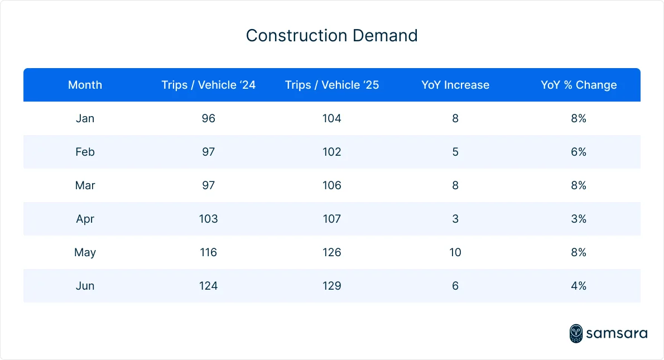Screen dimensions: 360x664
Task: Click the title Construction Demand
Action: [x=331, y=36]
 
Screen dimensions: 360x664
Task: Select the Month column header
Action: [x=85, y=85]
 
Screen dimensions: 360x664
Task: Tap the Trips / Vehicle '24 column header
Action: [x=208, y=85]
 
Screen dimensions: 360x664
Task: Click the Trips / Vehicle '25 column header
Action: [x=331, y=85]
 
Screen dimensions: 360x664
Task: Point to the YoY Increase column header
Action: [x=455, y=85]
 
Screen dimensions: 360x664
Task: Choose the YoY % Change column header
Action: [x=579, y=85]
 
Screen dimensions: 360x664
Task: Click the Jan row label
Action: [x=85, y=118]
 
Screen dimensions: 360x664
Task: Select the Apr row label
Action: [x=85, y=219]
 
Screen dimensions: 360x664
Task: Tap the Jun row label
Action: [x=85, y=286]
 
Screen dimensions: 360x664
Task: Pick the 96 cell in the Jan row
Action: [x=208, y=118]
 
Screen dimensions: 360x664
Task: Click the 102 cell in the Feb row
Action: [x=331, y=152]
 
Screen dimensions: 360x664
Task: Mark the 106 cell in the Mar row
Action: [x=331, y=185]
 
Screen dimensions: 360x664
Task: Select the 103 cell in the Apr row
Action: [x=208, y=219]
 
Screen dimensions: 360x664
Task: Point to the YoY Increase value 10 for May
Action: [x=455, y=252]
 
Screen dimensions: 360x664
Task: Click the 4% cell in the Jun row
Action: [x=579, y=286]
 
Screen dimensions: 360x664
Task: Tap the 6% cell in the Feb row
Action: [x=579, y=152]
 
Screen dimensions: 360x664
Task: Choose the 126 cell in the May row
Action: [x=331, y=252]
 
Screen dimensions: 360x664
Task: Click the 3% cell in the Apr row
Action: [x=579, y=219]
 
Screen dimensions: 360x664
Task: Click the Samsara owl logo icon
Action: [x=576, y=333]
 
